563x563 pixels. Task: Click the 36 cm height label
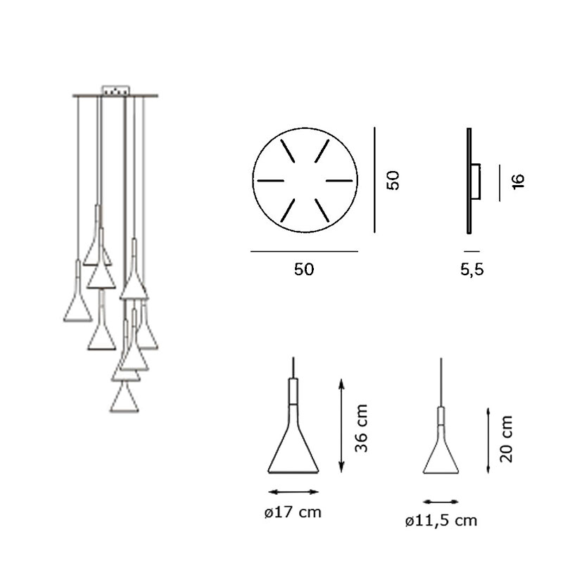(x=361, y=428)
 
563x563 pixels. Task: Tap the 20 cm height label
(x=506, y=438)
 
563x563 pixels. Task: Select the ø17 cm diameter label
(x=293, y=512)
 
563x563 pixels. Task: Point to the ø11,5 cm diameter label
(x=441, y=521)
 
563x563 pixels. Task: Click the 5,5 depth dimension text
(x=472, y=270)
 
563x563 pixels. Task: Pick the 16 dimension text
(x=519, y=182)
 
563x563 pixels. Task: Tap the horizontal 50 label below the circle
(x=304, y=270)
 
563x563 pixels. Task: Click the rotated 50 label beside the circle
(x=393, y=180)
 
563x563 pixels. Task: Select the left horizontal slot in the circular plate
(x=271, y=181)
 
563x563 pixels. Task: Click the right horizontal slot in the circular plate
(x=339, y=181)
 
